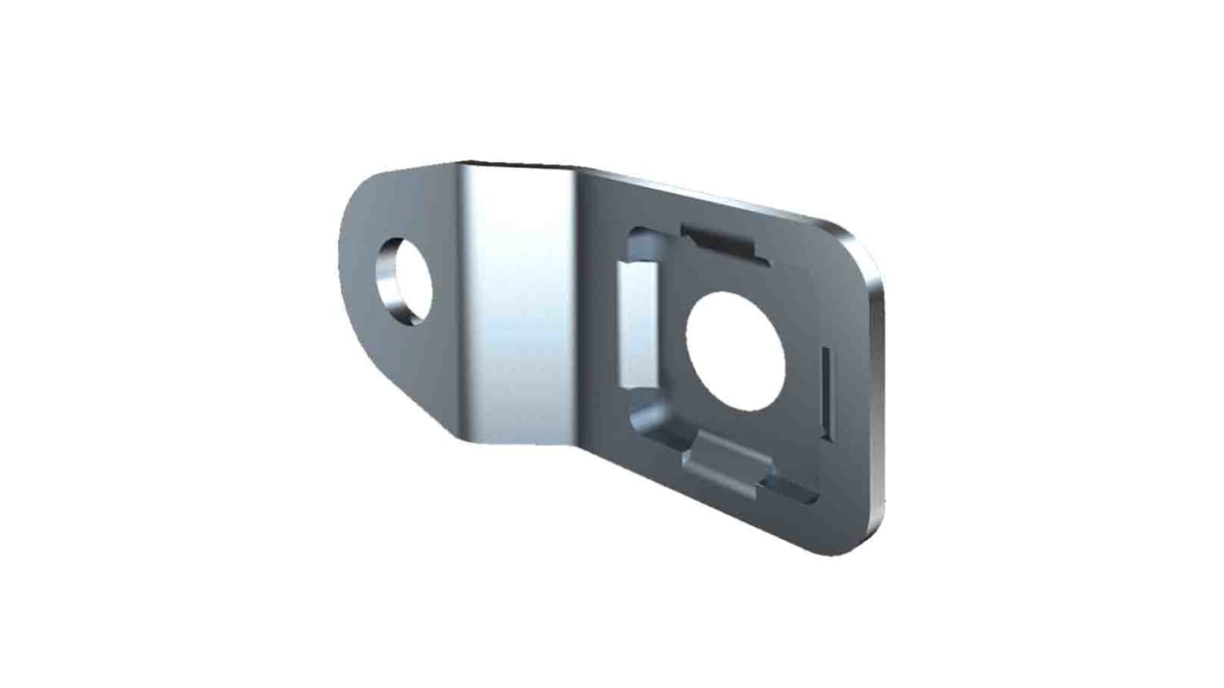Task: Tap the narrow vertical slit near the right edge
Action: (x=826, y=392)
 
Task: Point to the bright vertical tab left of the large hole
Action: (x=639, y=326)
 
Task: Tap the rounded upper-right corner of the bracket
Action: (x=858, y=246)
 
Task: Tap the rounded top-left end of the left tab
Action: (x=366, y=194)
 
